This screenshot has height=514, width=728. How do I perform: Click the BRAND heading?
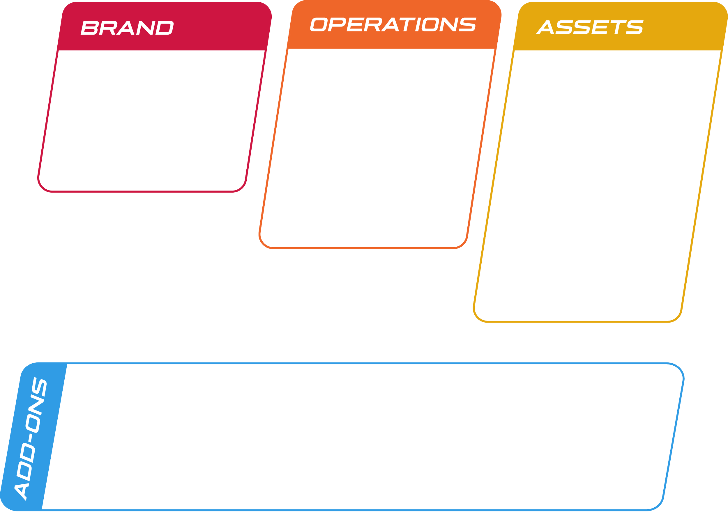coord(127,28)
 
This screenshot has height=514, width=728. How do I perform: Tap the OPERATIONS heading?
coord(393,25)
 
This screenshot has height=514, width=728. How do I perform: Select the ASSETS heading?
coord(590,27)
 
